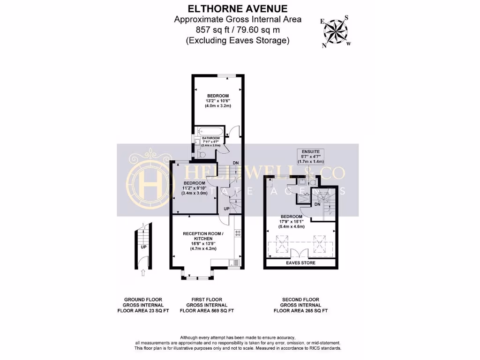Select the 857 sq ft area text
click(x=238, y=30)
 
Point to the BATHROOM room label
click(x=211, y=138)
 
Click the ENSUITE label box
click(x=311, y=156)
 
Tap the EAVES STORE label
click(x=300, y=263)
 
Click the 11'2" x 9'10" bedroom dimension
click(x=194, y=188)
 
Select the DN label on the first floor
click(x=236, y=163)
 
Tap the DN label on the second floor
click(x=317, y=204)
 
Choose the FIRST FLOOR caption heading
click(x=207, y=299)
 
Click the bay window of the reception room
click(x=197, y=278)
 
